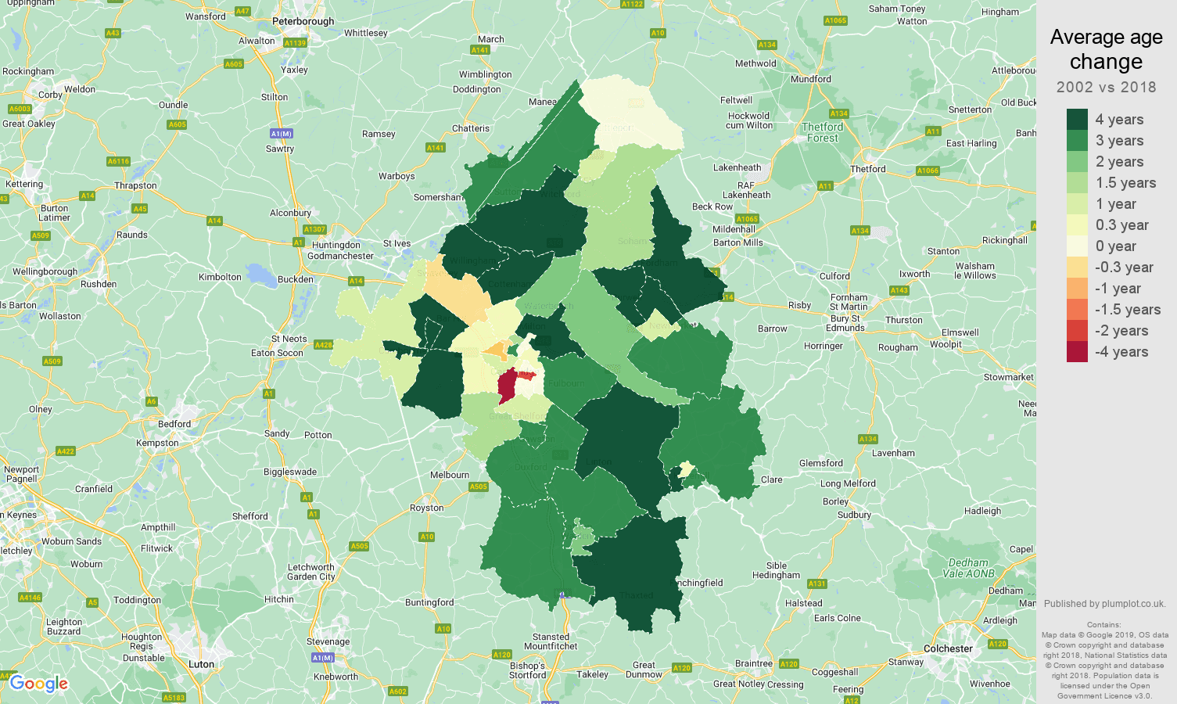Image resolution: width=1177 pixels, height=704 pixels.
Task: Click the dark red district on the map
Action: tap(507, 386)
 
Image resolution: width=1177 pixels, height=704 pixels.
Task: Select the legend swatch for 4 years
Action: tap(1077, 119)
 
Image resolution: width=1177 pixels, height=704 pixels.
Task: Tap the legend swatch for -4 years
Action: tap(1077, 352)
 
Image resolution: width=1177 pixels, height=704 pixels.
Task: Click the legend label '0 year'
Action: tap(1115, 246)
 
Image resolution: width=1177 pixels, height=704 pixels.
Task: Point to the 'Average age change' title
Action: tap(1106, 49)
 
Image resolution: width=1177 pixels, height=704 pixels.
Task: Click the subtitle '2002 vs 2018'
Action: tap(1106, 87)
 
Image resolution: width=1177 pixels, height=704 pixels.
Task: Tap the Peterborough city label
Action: tap(303, 21)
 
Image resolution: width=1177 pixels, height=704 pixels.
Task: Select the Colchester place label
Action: tap(948, 648)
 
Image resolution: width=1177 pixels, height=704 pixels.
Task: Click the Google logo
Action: tap(39, 684)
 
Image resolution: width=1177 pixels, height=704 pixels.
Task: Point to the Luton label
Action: tap(201, 664)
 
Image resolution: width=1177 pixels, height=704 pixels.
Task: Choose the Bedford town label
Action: tap(174, 424)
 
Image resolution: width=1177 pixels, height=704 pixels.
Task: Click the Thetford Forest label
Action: tap(823, 132)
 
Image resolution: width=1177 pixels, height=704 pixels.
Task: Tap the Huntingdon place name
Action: tap(336, 245)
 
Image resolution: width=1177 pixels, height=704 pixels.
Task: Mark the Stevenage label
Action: tap(328, 641)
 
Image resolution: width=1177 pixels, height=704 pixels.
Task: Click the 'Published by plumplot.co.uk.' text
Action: tap(1104, 603)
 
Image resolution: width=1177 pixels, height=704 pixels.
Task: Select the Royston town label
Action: tap(426, 508)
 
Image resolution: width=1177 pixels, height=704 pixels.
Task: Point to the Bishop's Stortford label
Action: tap(527, 670)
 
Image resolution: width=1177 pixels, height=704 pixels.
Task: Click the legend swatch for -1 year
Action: tap(1077, 289)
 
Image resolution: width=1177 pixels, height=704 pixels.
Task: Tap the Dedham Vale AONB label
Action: tap(968, 568)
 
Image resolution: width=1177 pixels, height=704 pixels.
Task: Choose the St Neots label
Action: tap(289, 339)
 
